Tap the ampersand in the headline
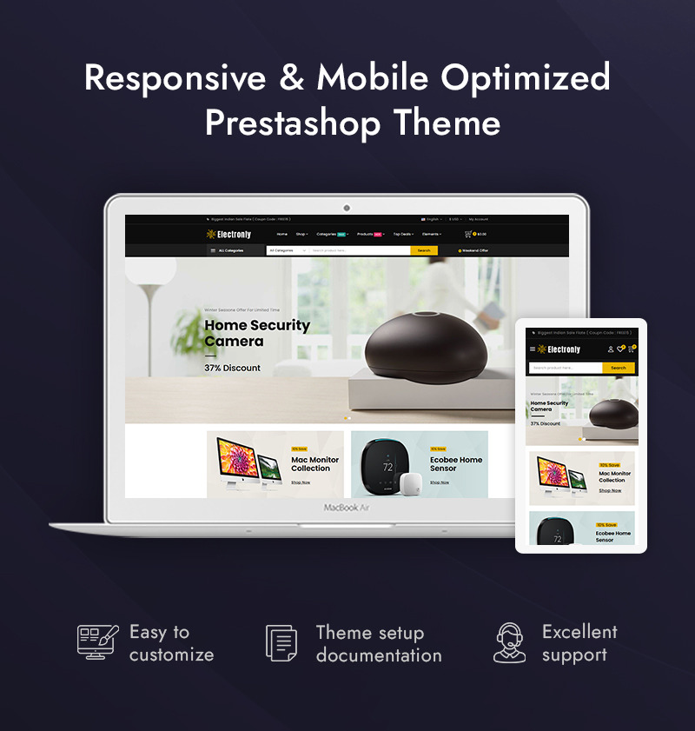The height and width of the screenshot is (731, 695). [x=291, y=78]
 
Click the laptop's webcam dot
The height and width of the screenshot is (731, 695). [x=347, y=209]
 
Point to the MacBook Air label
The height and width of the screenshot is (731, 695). [x=347, y=507]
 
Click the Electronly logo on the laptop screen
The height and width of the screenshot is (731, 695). [x=229, y=234]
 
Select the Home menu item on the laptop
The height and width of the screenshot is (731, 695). [x=281, y=234]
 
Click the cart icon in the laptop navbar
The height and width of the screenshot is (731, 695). [x=468, y=234]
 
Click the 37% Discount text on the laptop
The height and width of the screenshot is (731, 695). [x=232, y=368]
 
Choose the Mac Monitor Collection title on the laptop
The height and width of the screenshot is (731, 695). [x=314, y=464]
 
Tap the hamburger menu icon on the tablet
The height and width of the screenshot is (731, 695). [x=533, y=349]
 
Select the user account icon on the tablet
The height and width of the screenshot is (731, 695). [x=610, y=349]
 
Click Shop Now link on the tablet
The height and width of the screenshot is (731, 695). [x=610, y=490]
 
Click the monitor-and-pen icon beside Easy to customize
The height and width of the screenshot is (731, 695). [x=96, y=642]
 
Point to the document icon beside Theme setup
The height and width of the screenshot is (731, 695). [x=281, y=643]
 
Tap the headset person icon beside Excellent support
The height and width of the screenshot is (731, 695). [x=510, y=643]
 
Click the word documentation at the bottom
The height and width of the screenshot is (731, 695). [x=379, y=655]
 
